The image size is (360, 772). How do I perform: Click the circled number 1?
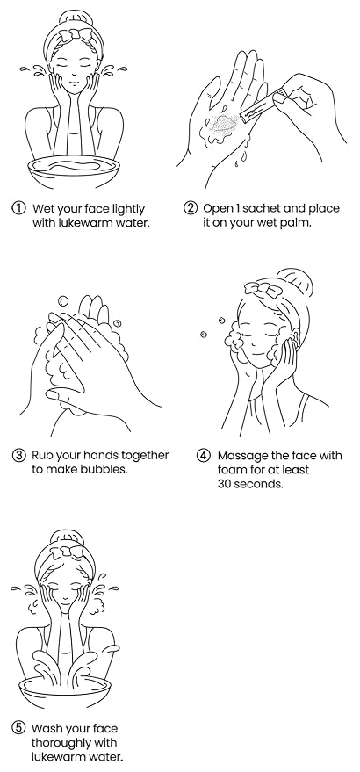tap(18, 208)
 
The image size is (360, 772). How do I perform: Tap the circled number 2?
tap(190, 208)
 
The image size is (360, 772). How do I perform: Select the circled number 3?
tap(18, 455)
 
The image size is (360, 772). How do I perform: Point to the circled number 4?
tap(204, 456)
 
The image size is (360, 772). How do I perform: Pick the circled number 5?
tap(18, 728)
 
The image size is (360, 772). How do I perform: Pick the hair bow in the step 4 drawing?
tap(260, 289)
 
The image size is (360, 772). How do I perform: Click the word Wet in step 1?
tap(42, 208)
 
